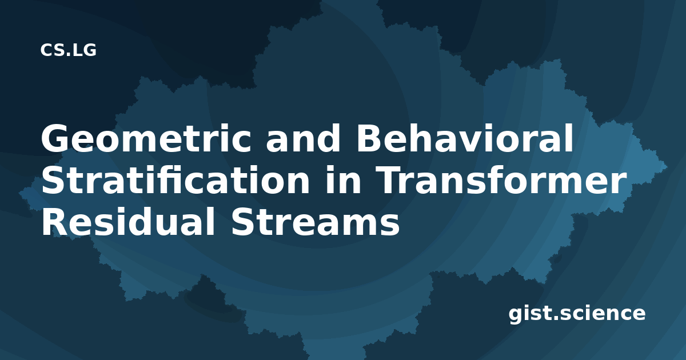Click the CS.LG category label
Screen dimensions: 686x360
coord(68,50)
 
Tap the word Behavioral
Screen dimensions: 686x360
coord(464,138)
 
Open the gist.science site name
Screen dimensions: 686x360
coord(577,314)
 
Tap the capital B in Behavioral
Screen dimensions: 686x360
coord(369,138)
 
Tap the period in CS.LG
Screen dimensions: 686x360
coord(67,55)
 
